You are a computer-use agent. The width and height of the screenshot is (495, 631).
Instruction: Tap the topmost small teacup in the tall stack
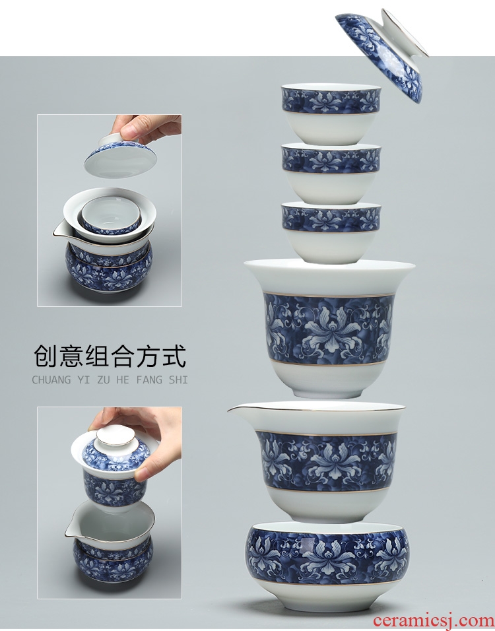pyautogui.click(x=331, y=114)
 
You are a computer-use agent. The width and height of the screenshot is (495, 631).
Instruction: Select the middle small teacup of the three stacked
pyautogui.click(x=331, y=174)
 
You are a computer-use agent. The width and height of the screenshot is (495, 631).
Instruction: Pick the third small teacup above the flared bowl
pyautogui.click(x=331, y=232)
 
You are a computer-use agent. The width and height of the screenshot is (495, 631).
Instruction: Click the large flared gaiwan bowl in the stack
pyautogui.click(x=329, y=328)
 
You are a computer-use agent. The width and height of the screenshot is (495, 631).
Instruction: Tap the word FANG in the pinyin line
pyautogui.click(x=148, y=380)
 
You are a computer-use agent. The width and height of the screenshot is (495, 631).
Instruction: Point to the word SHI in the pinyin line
pyautogui.click(x=178, y=380)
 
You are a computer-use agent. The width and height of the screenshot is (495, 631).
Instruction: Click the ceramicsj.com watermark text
pyautogui.click(x=433, y=620)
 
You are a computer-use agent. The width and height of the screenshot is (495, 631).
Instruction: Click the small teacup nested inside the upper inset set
pyautogui.click(x=112, y=215)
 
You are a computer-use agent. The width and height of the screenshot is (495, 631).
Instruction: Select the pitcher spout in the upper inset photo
pyautogui.click(x=60, y=231)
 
